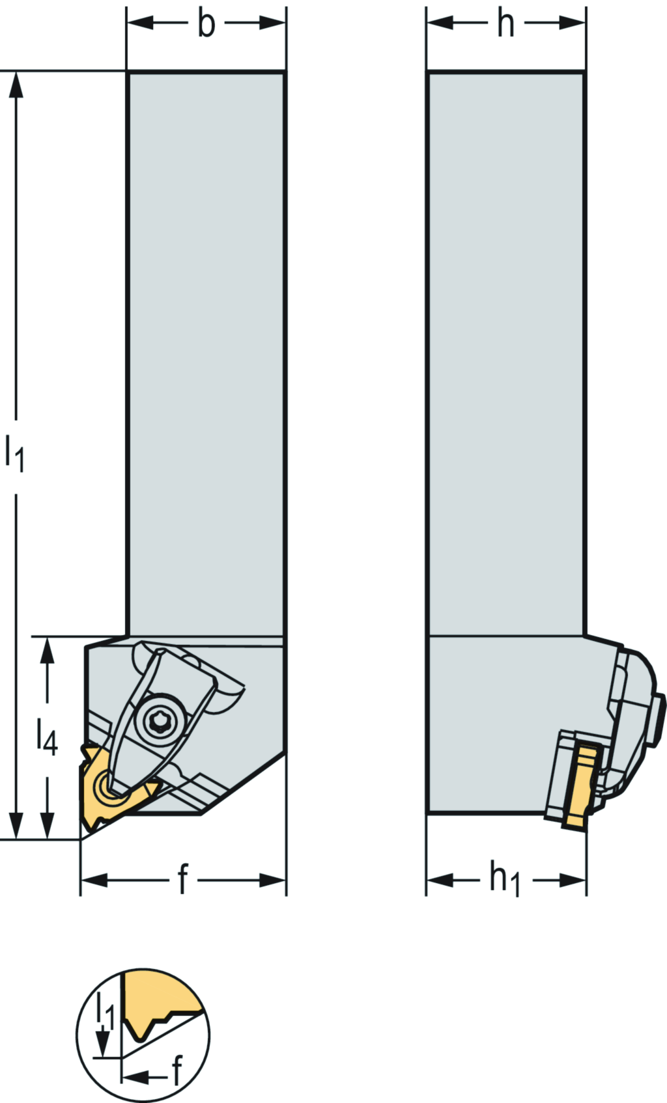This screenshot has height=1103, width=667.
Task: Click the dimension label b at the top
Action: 206,24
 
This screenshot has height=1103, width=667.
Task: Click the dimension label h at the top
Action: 505,24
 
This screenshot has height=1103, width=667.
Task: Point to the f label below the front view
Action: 183,880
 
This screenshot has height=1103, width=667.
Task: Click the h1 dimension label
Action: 505,880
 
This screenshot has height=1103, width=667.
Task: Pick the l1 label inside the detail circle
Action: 105,1011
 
